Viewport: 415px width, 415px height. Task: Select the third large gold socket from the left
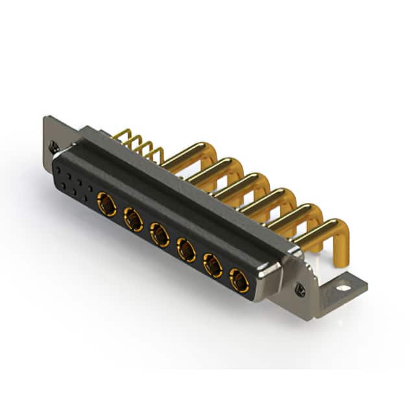[160, 235]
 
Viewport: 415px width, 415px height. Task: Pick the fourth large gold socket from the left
[186, 249]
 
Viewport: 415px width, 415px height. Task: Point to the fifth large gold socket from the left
[213, 265]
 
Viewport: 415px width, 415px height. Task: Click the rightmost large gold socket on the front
[239, 279]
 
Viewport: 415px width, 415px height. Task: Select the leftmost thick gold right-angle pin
[188, 156]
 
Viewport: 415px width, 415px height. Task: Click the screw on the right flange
[300, 291]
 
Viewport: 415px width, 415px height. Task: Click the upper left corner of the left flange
[47, 119]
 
